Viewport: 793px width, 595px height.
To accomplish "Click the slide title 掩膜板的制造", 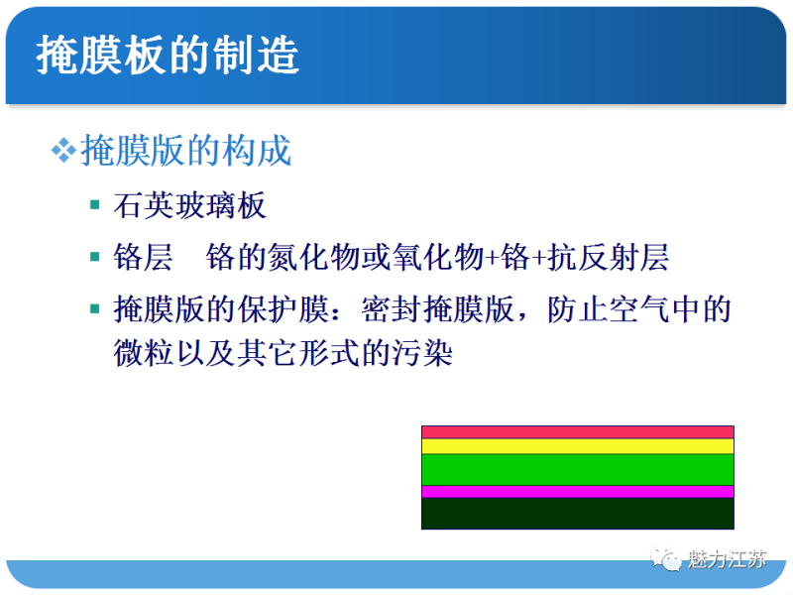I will (168, 57).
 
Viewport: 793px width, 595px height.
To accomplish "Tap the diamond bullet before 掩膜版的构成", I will (63, 151).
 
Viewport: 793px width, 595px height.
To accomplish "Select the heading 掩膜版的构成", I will (186, 151).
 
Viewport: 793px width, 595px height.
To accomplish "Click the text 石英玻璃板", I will (190, 206).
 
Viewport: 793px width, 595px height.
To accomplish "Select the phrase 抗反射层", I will (610, 258).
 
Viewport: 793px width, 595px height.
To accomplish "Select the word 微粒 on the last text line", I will (144, 354).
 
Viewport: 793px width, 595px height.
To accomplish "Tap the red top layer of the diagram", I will (577, 431).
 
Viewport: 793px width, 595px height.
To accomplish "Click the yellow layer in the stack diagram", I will (577, 446).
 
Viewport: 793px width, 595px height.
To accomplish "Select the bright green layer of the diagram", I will (577, 469).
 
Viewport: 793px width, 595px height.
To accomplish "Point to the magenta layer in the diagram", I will (577, 491).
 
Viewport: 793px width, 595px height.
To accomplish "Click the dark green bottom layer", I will (577, 513).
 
